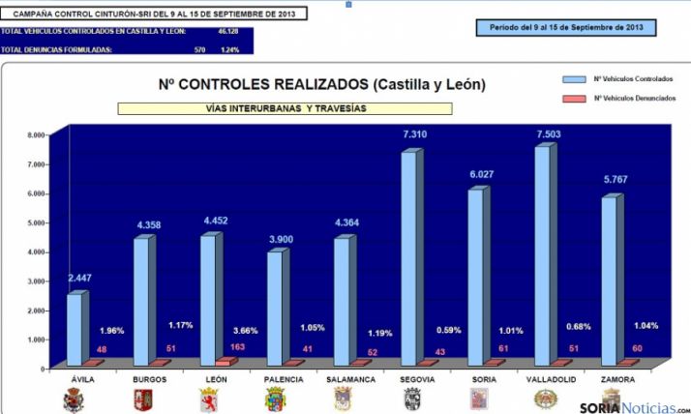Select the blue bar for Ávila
click(x=74, y=329)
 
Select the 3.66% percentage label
click(x=243, y=330)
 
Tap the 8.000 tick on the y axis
click(x=35, y=135)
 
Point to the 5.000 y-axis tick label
click(x=35, y=222)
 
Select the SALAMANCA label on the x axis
click(x=345, y=380)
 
